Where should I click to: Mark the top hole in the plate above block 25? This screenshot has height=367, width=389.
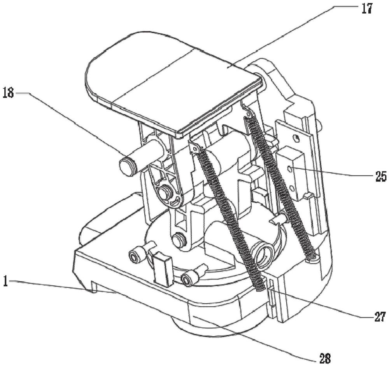pos(297,137)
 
